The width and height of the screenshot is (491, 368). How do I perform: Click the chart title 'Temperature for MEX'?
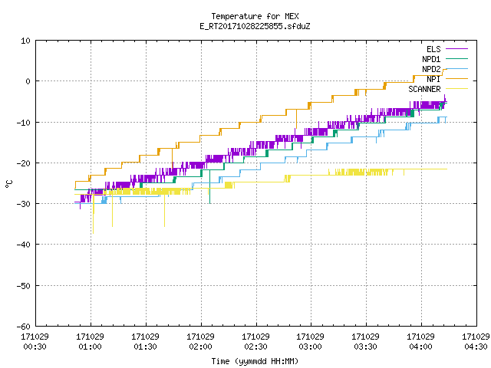(255, 16)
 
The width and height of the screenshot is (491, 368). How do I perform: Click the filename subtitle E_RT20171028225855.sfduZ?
(255, 26)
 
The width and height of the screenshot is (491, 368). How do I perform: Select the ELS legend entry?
(447, 49)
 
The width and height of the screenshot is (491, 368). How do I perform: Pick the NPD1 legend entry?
(445, 59)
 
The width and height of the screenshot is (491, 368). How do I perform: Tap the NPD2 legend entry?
(445, 69)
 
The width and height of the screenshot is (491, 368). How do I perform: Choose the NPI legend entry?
(447, 79)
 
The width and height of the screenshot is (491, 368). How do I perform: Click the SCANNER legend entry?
(438, 89)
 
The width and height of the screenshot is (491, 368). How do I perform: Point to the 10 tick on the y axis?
(25, 41)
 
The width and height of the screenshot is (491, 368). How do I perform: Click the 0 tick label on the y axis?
(28, 81)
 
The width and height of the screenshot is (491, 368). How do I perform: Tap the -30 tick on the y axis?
(24, 204)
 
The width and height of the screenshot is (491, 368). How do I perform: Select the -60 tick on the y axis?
(24, 327)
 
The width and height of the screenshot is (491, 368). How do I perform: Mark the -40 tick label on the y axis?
(24, 245)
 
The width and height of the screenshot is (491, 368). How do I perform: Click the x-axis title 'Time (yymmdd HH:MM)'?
(255, 361)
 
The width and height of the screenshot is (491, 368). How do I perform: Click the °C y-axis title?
(8, 184)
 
